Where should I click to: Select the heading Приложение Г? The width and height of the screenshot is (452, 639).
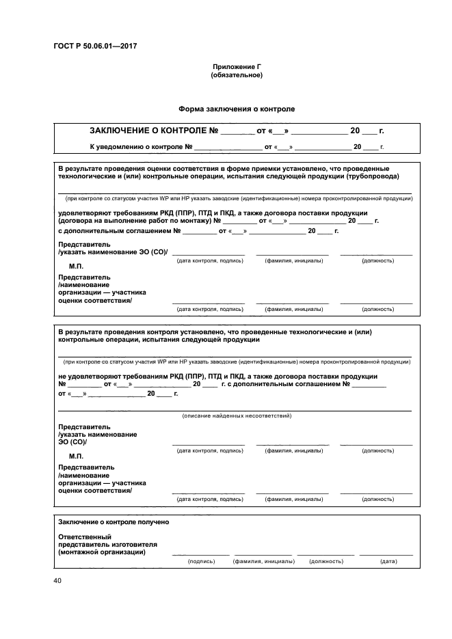click(x=237, y=66)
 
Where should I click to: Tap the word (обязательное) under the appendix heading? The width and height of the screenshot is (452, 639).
click(x=237, y=74)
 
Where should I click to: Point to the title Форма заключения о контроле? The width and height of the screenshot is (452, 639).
click(x=237, y=108)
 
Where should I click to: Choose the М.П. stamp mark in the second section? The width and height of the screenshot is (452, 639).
click(x=76, y=455)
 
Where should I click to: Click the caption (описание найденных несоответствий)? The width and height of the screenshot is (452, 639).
click(x=237, y=416)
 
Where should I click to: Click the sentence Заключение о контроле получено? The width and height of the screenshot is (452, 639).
click(x=114, y=521)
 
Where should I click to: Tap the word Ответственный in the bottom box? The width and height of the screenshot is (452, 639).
click(x=85, y=536)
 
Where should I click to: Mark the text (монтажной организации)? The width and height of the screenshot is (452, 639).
click(x=101, y=552)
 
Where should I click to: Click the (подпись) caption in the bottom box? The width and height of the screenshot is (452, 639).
click(x=201, y=561)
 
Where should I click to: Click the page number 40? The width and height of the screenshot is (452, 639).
click(x=57, y=581)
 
